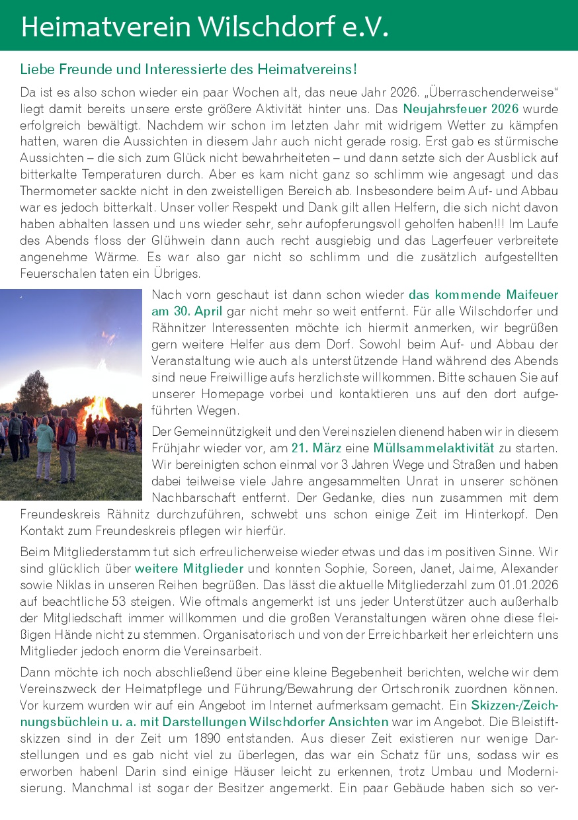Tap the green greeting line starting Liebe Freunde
[188, 69]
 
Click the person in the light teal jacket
[44, 443]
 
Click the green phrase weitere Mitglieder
[189, 568]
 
